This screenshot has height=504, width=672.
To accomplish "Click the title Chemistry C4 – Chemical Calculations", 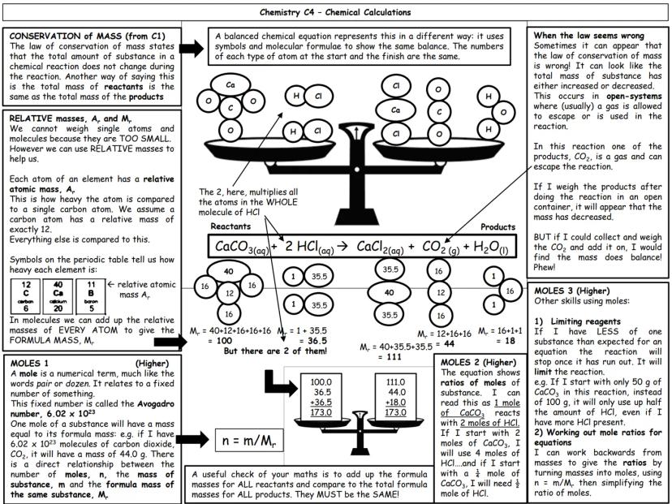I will [335, 12].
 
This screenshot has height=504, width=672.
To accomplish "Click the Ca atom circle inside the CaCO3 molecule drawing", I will [231, 84].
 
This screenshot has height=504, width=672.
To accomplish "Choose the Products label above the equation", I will [498, 227].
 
